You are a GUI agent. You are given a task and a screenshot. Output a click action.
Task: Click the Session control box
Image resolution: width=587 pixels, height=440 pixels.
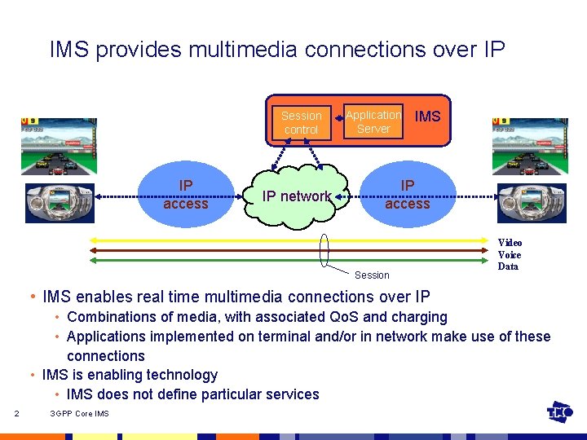[301, 123]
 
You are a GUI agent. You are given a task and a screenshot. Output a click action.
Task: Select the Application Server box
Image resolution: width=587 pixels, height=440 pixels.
[373, 122]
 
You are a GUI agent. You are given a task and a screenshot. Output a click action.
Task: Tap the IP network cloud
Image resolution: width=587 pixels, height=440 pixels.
[296, 196]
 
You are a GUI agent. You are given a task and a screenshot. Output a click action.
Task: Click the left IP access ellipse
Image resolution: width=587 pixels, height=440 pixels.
[186, 196]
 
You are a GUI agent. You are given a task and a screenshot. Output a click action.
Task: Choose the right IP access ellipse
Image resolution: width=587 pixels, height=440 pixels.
[408, 196]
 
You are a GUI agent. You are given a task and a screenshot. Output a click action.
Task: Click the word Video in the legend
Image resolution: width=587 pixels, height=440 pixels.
[510, 242]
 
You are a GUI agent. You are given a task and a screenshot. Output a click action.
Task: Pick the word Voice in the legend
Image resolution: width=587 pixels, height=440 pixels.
[510, 254]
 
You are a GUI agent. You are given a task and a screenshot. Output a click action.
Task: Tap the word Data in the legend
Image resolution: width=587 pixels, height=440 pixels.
[508, 266]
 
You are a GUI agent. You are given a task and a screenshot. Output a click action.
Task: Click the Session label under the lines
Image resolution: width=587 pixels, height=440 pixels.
[372, 275]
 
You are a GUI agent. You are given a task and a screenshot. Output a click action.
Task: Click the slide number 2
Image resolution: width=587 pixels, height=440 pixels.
[17, 414]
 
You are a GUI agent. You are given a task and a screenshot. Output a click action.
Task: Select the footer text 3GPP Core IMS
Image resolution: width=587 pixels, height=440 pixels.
[79, 414]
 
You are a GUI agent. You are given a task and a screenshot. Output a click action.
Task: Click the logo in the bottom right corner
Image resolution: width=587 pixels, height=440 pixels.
[559, 413]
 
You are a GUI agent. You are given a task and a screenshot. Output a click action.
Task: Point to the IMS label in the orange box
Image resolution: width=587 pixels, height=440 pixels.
[427, 117]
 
